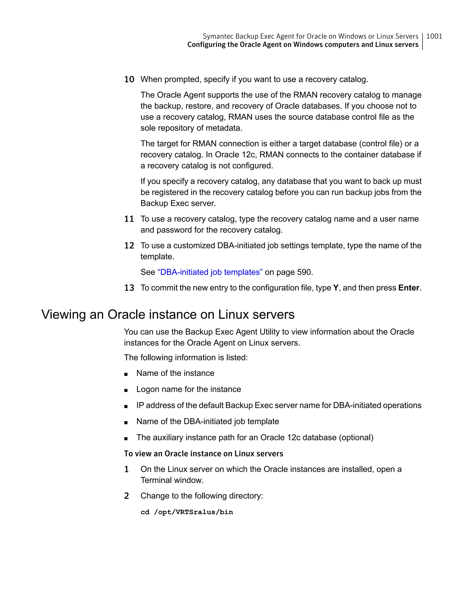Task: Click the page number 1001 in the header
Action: pyautogui.click(x=434, y=36)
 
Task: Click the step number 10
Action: pyautogui.click(x=129, y=80)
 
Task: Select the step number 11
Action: pyautogui.click(x=129, y=219)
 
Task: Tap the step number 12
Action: pyautogui.click(x=129, y=246)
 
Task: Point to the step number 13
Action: pyautogui.click(x=129, y=288)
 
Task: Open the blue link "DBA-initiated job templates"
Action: pyautogui.click(x=210, y=272)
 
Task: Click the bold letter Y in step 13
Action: pyautogui.click(x=335, y=288)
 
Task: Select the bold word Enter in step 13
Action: pyautogui.click(x=409, y=288)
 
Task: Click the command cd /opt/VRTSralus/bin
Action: pyautogui.click(x=187, y=512)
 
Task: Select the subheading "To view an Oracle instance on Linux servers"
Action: pyautogui.click(x=203, y=454)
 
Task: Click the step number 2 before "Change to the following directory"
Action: pyautogui.click(x=126, y=496)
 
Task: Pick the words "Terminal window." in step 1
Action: pyautogui.click(x=172, y=480)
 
